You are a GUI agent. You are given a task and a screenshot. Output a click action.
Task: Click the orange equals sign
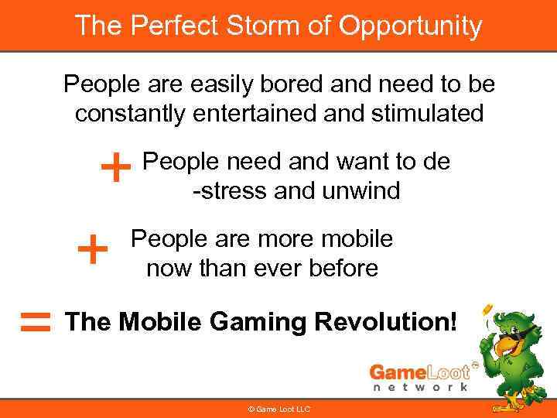pos(36,322)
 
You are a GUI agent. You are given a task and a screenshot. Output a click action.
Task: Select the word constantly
pos(132,113)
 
